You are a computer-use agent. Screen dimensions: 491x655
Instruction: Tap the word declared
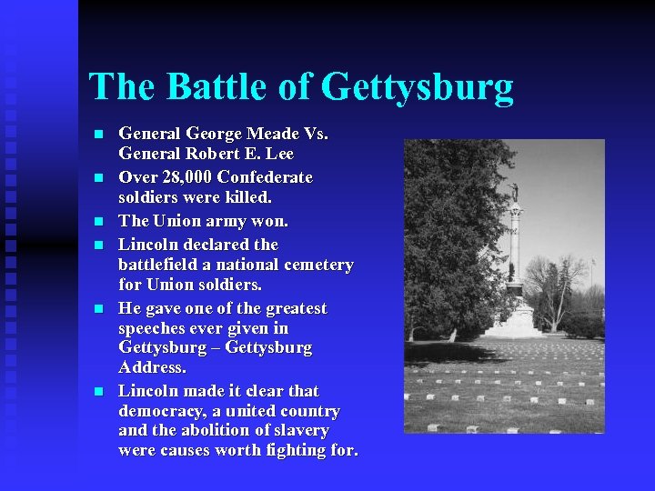tap(217, 244)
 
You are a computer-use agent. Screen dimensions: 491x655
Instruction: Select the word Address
tap(152, 367)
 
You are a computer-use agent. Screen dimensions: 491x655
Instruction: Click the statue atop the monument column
tap(515, 193)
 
